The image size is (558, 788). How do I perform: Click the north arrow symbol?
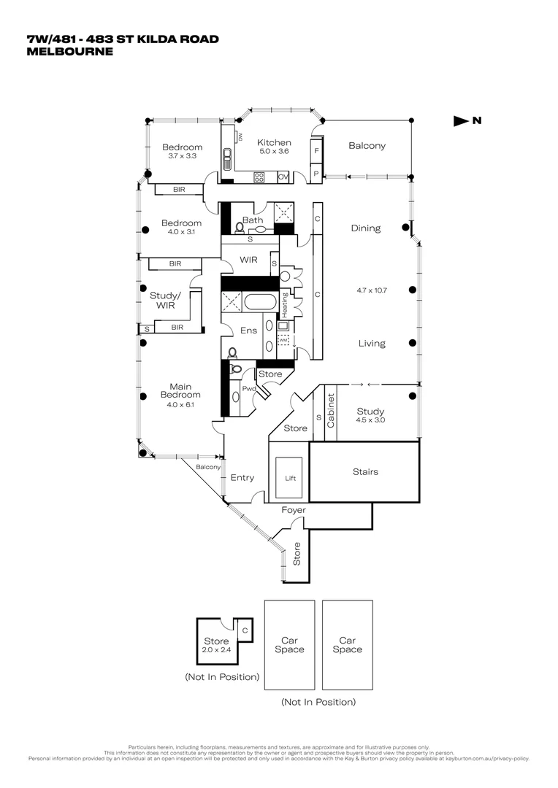[462, 121]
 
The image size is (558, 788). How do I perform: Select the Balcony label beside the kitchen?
[367, 145]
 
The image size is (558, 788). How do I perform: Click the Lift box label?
[288, 479]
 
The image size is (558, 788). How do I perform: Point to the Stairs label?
[365, 471]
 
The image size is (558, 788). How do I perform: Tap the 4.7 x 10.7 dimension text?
[370, 290]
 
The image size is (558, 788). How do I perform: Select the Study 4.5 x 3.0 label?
[370, 416]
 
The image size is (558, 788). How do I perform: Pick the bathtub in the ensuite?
[261, 303]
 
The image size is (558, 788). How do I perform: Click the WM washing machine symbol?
[283, 339]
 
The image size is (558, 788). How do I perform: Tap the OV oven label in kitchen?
[283, 177]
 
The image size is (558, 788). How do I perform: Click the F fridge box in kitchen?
[316, 151]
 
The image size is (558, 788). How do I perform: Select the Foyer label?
[294, 510]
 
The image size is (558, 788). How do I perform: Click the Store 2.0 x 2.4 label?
[216, 645]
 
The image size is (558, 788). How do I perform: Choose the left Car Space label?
[289, 645]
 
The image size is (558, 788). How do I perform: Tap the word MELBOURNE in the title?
[70, 52]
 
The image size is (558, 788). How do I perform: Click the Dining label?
[365, 228]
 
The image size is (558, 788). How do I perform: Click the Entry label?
[242, 478]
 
